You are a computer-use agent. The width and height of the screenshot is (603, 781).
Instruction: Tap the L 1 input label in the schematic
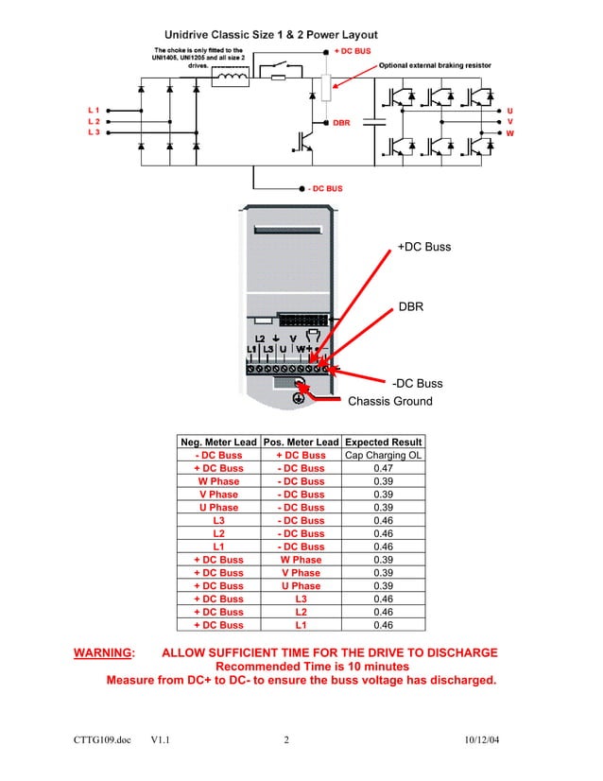pyautogui.click(x=94, y=111)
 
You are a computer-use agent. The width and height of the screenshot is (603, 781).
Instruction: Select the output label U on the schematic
pyautogui.click(x=510, y=111)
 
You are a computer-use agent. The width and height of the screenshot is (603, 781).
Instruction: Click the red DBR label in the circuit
pyautogui.click(x=341, y=122)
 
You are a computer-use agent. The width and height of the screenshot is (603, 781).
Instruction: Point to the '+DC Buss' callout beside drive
pyautogui.click(x=424, y=247)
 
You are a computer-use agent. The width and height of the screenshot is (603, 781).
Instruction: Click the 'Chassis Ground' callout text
pyautogui.click(x=390, y=401)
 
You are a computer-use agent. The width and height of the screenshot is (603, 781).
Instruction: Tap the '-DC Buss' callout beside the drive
pyautogui.click(x=417, y=384)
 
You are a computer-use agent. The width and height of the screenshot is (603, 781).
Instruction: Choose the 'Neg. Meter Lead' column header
pyautogui.click(x=218, y=443)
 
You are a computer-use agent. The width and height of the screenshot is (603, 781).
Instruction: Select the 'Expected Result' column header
pyautogui.click(x=383, y=443)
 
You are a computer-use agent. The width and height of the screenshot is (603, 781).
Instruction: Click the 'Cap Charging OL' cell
pyautogui.click(x=383, y=455)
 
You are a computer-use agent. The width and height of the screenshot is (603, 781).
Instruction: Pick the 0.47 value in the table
pyautogui.click(x=383, y=468)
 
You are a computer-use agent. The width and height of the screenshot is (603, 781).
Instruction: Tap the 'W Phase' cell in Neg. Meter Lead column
pyautogui.click(x=218, y=481)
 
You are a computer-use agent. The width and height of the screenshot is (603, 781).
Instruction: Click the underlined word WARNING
pyautogui.click(x=105, y=653)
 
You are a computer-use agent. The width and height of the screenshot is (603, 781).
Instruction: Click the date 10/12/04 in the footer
pyautogui.click(x=482, y=738)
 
